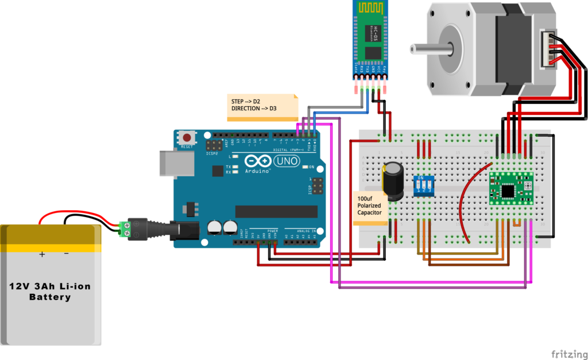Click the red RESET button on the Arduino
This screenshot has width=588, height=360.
[x=187, y=138]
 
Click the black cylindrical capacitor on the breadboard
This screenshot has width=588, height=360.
[x=393, y=180]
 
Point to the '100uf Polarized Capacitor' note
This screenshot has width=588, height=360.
[x=369, y=206]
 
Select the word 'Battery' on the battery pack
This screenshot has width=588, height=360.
[x=50, y=297]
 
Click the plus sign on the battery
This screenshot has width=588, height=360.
[x=42, y=253]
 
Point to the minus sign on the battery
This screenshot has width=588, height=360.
[x=67, y=253]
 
